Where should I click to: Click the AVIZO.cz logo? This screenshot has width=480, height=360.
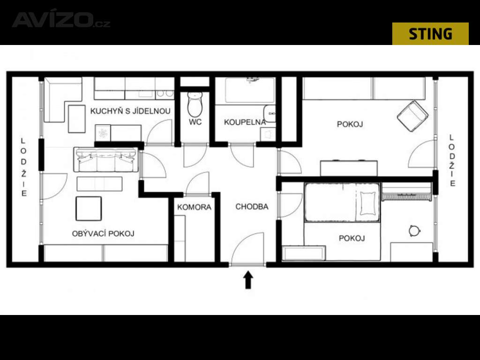pos(61,20)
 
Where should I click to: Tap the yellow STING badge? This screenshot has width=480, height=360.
pos(430,34)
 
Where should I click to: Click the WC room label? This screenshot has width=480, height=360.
pos(195,122)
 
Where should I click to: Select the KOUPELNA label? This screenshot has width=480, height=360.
pos(245,122)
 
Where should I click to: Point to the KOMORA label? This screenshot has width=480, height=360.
pos(194,207)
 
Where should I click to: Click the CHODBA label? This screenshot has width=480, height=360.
pos(252,207)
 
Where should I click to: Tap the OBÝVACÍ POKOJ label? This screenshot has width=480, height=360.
pos(103,233)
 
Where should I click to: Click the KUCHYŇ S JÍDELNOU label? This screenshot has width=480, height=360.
pos(130,111)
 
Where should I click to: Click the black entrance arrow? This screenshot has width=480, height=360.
pos(248,280)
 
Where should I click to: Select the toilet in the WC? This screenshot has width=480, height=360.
pos(195,103)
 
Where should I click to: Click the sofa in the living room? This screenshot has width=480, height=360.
pos(105,159)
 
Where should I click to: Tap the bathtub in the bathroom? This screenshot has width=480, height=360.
pos(250,90)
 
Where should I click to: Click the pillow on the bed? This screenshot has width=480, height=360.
pos(367,203)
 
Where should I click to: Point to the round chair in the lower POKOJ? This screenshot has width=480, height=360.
pos(413,231)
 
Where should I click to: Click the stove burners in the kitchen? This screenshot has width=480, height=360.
pos(165,94)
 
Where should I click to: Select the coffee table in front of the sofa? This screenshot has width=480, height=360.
pos(99,184)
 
